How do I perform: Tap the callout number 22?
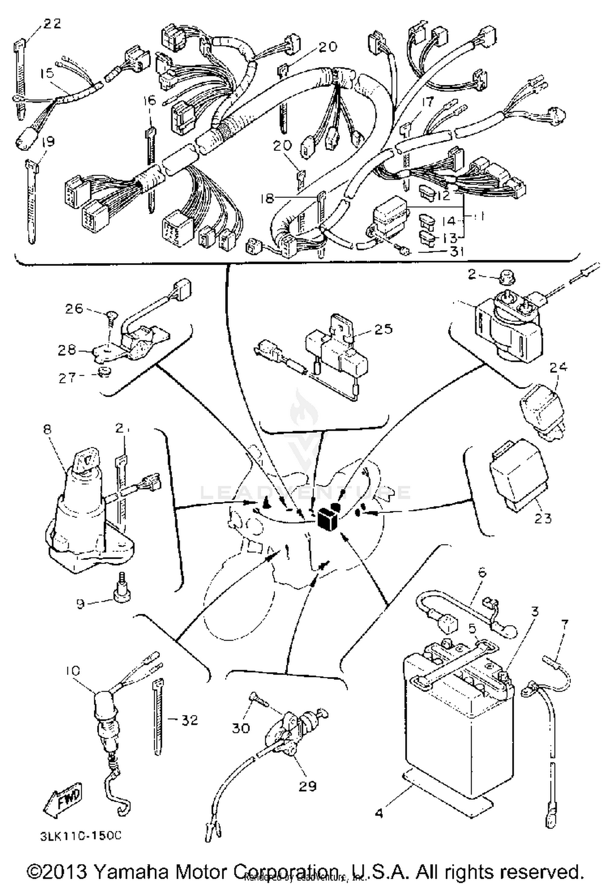[x=52, y=24]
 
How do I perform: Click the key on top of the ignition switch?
[x=86, y=461]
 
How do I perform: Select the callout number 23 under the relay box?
[x=542, y=518]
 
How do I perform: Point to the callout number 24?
[x=558, y=367]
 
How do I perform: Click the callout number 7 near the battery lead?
[x=564, y=624]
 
